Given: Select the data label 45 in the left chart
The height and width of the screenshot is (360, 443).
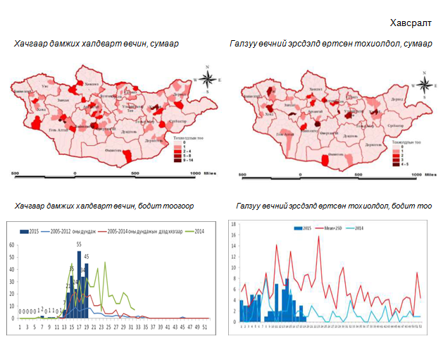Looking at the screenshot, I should tap(87, 256).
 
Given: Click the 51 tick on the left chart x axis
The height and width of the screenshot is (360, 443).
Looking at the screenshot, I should tap(204, 327).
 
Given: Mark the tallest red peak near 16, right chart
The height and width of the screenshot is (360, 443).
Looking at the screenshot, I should tap(318, 237).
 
